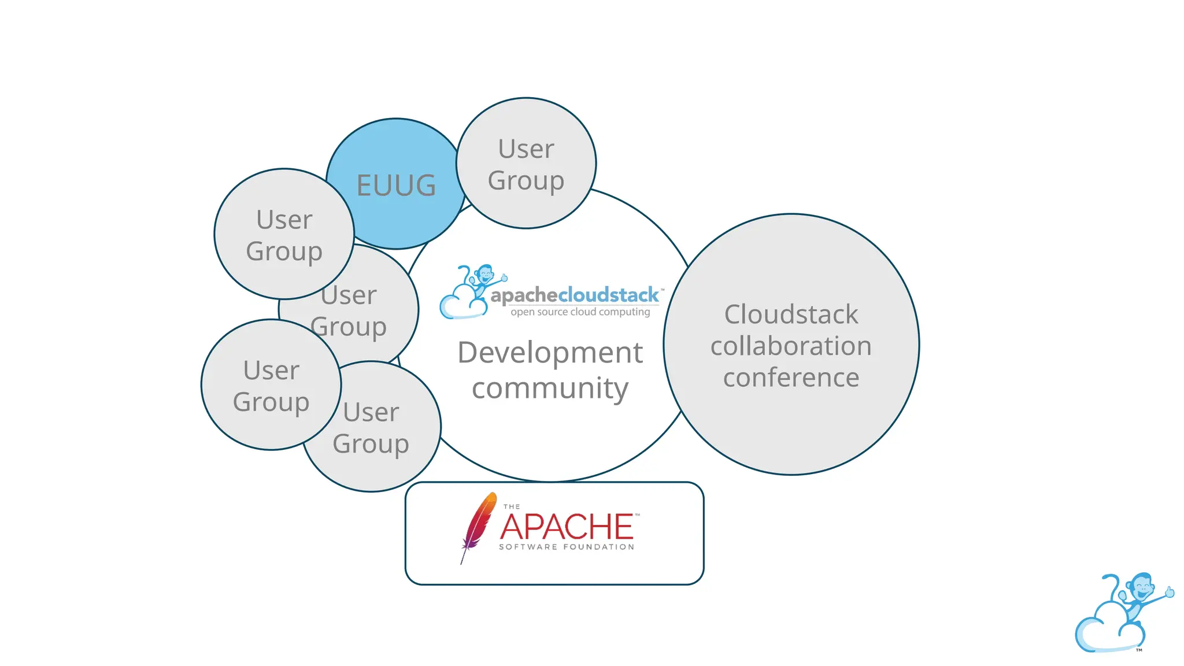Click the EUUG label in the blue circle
pos(396,186)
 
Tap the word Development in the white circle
pos(550,353)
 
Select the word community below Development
pos(550,388)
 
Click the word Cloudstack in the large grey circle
pos(791,315)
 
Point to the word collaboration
pos(791,346)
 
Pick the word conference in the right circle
pos(791,378)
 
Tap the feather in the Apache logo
pos(479,523)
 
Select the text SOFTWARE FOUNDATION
pos(567,547)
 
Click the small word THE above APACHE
pos(512,507)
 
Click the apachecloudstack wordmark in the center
pos(575,295)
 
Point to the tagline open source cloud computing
pos(580,312)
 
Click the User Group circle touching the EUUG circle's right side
pos(526,164)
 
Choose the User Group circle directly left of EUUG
pos(284,235)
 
